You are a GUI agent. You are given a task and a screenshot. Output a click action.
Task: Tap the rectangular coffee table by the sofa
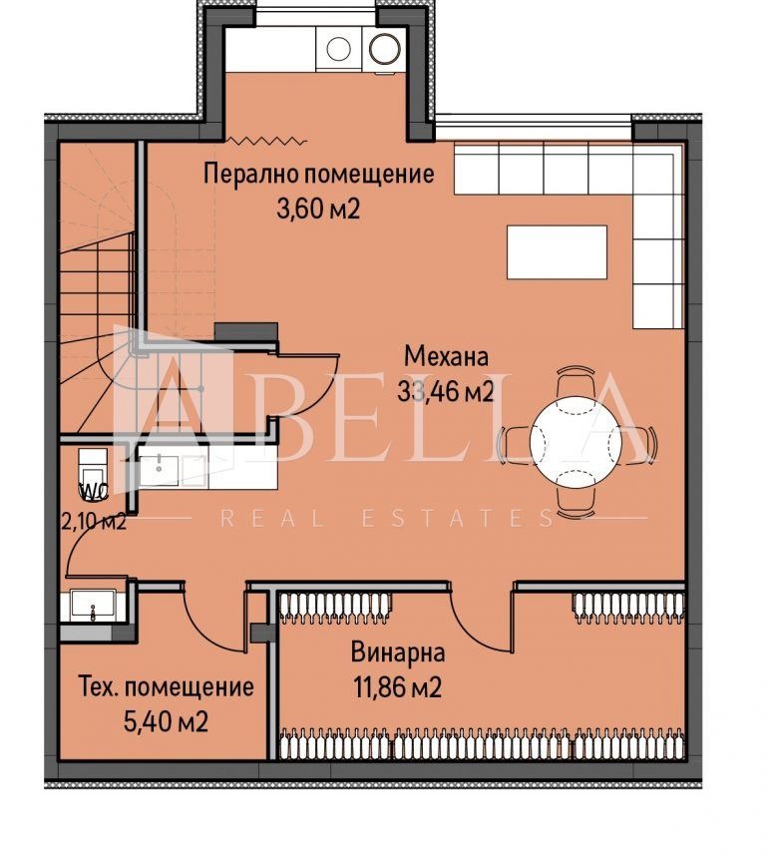(557, 252)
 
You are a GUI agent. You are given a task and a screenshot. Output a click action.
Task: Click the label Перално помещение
(319, 174)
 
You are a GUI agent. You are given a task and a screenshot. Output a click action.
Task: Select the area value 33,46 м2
(446, 391)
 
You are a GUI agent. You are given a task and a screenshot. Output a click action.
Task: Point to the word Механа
(447, 356)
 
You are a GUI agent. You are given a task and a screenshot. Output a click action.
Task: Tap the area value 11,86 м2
(396, 687)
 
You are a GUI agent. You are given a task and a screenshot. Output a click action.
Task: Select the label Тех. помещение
(166, 687)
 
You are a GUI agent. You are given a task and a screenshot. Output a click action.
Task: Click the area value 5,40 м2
(165, 721)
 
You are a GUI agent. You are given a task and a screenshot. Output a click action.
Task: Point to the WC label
(93, 492)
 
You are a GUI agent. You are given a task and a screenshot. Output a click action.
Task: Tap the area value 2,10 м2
(92, 521)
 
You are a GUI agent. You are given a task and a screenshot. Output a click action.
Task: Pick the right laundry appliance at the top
(384, 47)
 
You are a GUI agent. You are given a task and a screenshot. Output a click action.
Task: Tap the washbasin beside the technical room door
(93, 606)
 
